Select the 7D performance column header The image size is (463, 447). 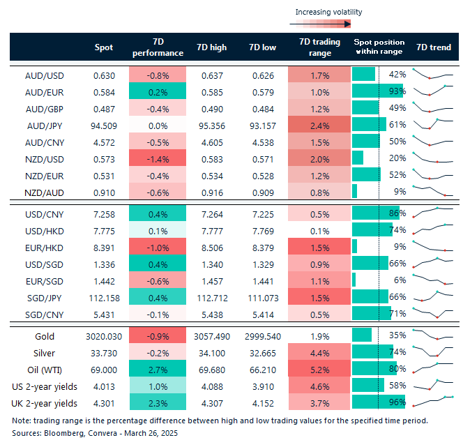click(x=158, y=47)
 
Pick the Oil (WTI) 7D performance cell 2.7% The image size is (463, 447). click(x=158, y=368)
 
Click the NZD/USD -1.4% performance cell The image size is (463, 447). click(x=158, y=158)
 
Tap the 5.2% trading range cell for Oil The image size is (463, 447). click(x=319, y=368)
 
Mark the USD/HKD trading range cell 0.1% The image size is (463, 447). click(x=319, y=229)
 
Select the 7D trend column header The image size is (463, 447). click(x=434, y=47)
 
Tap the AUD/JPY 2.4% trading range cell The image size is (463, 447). click(x=319, y=124)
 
